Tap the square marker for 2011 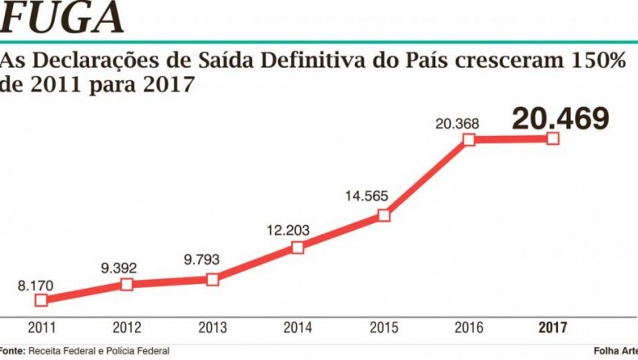42,300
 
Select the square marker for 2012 127,284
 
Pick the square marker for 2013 213,279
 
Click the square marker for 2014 298,247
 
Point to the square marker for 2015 384,216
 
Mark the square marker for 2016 469,139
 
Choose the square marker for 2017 553,138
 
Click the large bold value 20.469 560,119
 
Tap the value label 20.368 457,124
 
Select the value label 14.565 371,196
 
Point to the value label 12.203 288,230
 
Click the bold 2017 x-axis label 553,328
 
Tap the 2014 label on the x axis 298,328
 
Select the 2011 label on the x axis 42,328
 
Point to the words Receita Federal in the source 60,350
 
